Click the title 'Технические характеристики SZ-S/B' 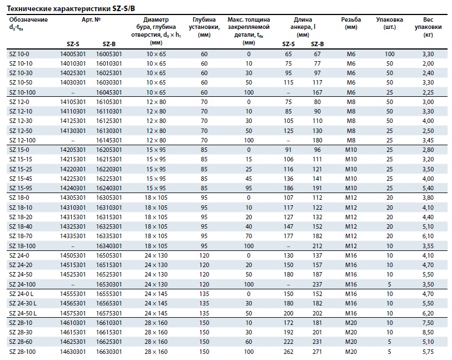[x=71, y=8]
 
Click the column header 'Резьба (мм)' [x=351, y=23]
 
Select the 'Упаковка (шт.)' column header [x=389, y=23]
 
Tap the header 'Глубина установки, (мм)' [x=204, y=27]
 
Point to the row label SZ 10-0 [x=19, y=54]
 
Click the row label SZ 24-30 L [x=23, y=303]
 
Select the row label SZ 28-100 [x=22, y=352]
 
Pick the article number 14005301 [x=73, y=54]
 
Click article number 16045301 [x=109, y=92]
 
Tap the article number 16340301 [x=109, y=246]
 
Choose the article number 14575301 [x=73, y=313]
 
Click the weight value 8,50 [x=428, y=332]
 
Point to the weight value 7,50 [x=428, y=323]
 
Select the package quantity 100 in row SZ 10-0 [x=389, y=54]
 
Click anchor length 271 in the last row [x=317, y=352]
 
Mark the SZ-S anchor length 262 [x=288, y=352]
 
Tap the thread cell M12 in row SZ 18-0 [x=351, y=198]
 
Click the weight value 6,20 [x=428, y=313]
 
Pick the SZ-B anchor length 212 [x=317, y=246]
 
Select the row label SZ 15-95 [x=21, y=188]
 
